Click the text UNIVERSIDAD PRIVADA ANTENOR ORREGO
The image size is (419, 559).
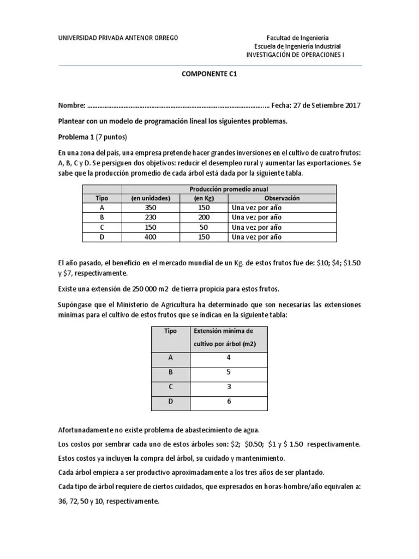click(118, 38)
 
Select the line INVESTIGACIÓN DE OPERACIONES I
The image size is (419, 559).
click(295, 55)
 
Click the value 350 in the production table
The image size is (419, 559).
click(151, 208)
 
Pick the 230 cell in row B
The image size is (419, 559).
click(151, 217)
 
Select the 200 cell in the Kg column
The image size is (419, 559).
click(203, 217)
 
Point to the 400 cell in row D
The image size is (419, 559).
click(151, 237)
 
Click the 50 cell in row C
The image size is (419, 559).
click(203, 227)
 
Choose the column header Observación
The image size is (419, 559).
click(282, 198)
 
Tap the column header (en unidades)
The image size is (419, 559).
click(151, 198)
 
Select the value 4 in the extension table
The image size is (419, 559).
click(228, 358)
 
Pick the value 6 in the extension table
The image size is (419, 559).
click(228, 401)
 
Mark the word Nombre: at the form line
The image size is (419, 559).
click(71, 106)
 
